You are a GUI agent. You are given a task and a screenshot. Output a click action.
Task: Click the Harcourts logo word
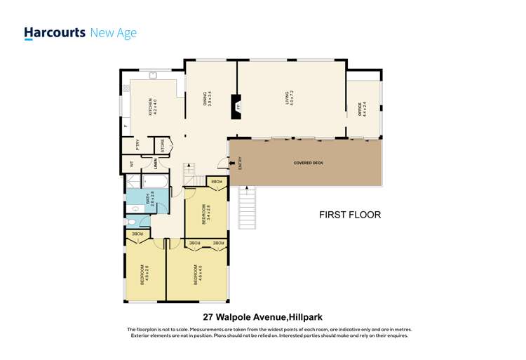[x=55, y=32]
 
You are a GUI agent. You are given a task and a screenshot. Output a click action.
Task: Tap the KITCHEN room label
[x=150, y=107]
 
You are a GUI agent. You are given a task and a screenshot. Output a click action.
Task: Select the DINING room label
[x=207, y=98]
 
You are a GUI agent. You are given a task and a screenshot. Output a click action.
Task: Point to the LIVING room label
[x=288, y=98]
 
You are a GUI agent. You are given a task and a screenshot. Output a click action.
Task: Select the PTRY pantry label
[x=137, y=145]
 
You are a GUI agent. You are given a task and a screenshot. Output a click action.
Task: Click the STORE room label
[x=163, y=146]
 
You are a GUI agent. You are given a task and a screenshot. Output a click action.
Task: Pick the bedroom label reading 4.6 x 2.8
[x=144, y=273]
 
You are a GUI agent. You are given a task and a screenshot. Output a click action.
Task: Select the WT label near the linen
[x=131, y=164]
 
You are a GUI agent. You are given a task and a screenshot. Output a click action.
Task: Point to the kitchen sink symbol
[x=153, y=76]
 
